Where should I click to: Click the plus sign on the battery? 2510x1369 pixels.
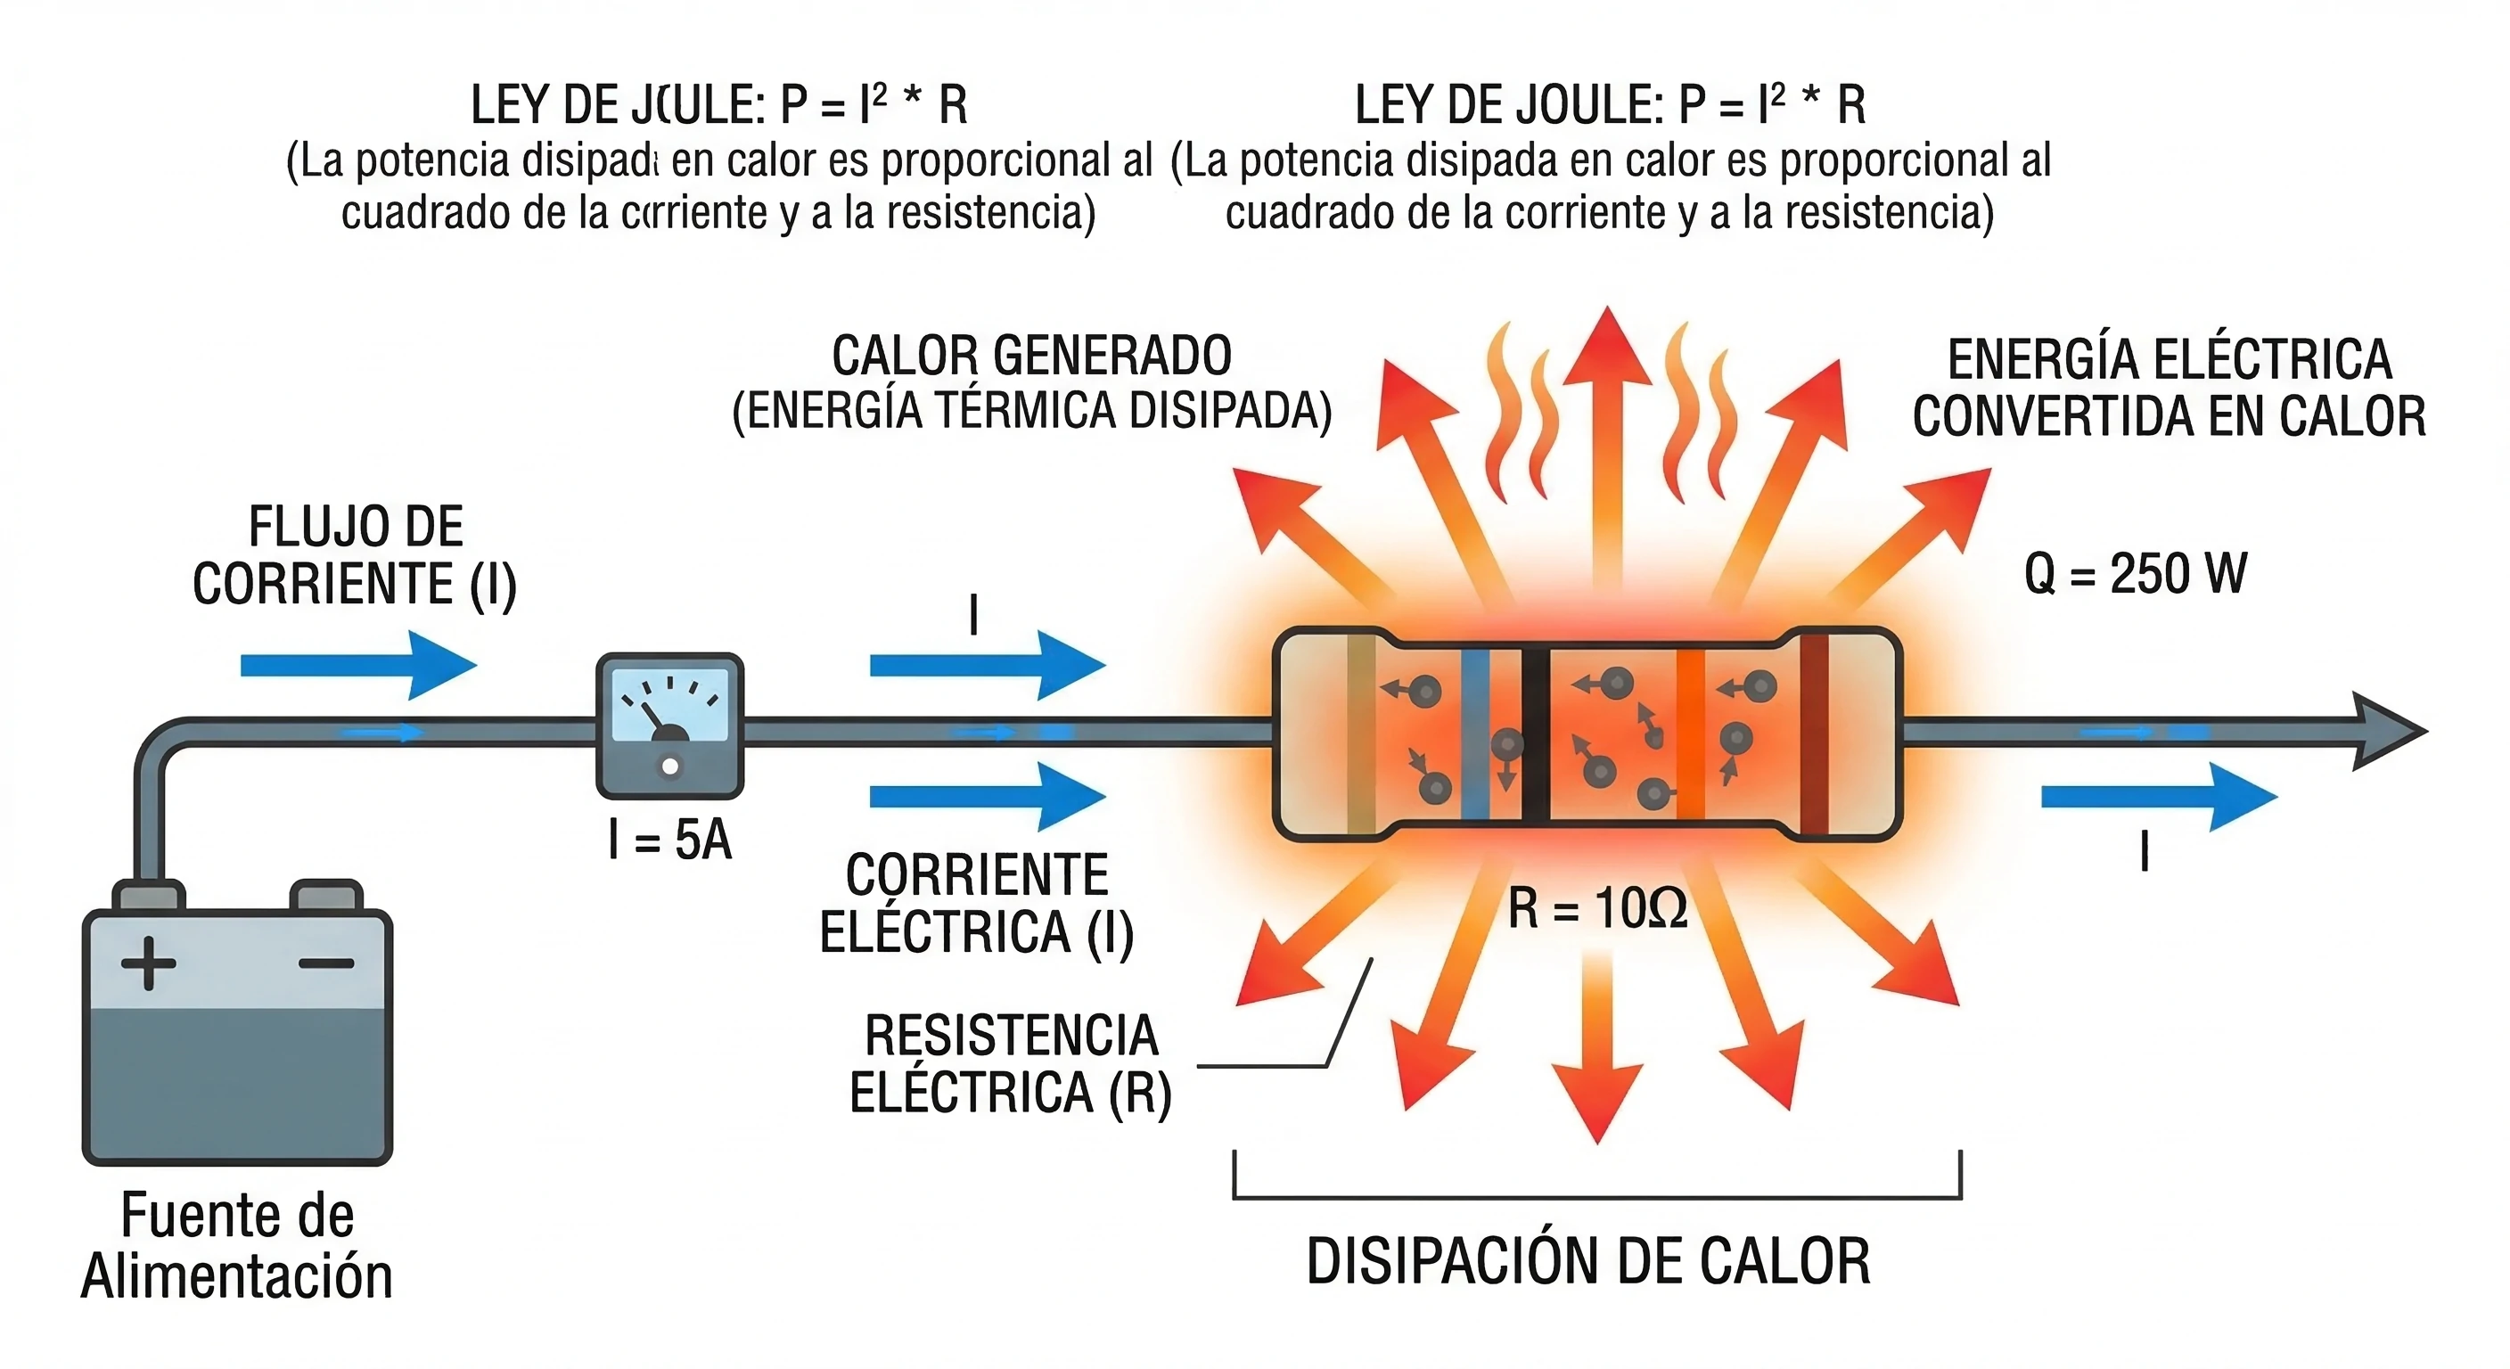pyautogui.click(x=148, y=963)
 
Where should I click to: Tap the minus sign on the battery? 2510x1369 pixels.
pyautogui.click(x=325, y=963)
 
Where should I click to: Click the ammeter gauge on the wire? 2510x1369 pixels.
pyautogui.click(x=669, y=725)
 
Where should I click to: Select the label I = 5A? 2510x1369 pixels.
pyautogui.click(x=669, y=840)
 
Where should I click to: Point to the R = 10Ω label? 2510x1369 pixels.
pyautogui.click(x=1597, y=909)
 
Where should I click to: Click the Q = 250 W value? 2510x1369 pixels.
pyautogui.click(x=2135, y=573)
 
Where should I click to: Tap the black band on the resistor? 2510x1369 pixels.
pyautogui.click(x=1535, y=733)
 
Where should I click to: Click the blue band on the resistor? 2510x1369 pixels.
pyautogui.click(x=1475, y=733)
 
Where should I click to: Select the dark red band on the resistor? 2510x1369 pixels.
pyautogui.click(x=1813, y=733)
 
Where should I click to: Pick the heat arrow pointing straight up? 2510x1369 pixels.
pyautogui.click(x=1607, y=439)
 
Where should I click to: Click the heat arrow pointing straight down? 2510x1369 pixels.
pyautogui.click(x=1597, y=1053)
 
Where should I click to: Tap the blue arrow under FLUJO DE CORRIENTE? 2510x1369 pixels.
pyautogui.click(x=357, y=666)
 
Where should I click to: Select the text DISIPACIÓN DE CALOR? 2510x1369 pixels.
pyautogui.click(x=1587, y=1262)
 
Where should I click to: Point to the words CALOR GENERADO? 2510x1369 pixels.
pyautogui.click(x=1031, y=356)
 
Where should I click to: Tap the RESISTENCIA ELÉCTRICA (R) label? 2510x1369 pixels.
pyautogui.click(x=1011, y=1063)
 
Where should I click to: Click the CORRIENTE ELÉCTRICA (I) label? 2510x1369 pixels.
pyautogui.click(x=976, y=903)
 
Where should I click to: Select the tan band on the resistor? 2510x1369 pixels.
pyautogui.click(x=1360, y=733)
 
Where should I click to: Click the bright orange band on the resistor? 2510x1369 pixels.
pyautogui.click(x=1690, y=733)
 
